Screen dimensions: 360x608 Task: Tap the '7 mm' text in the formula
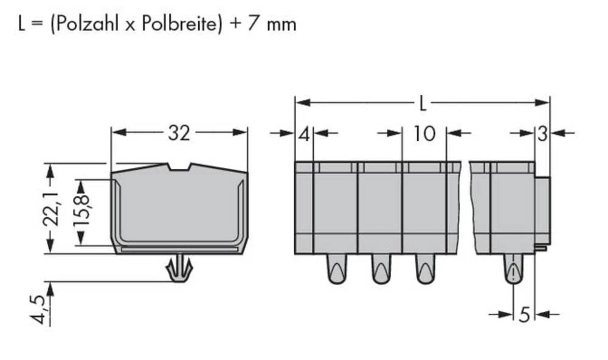(x=275, y=24)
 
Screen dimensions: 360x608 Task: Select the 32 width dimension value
(x=178, y=133)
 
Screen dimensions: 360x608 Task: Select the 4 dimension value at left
(x=303, y=134)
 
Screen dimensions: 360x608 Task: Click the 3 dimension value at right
(x=542, y=134)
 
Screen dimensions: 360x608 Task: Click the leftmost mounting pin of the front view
(x=336, y=269)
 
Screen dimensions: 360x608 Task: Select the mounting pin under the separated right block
(x=513, y=269)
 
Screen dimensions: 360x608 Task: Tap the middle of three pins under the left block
(x=381, y=269)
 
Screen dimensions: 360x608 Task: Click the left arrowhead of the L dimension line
(x=300, y=102)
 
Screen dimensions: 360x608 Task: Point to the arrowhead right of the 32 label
(x=242, y=133)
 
